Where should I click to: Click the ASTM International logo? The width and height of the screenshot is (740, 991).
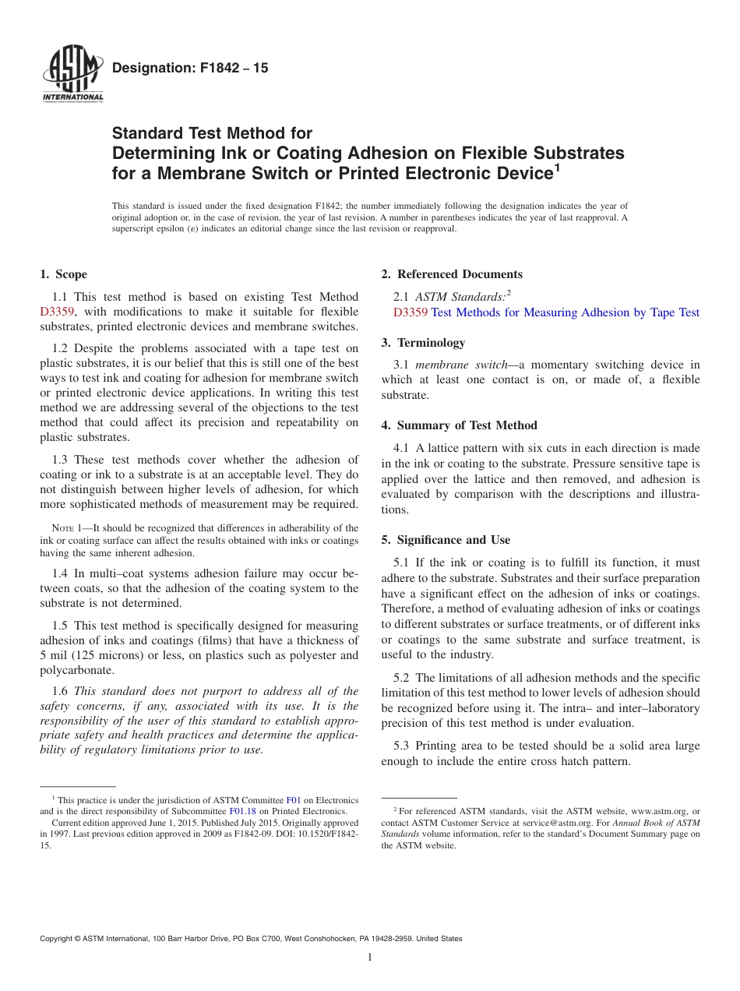(x=72, y=75)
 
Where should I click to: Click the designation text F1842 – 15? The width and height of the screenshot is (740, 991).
(x=190, y=69)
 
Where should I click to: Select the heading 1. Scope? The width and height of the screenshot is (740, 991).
(x=63, y=274)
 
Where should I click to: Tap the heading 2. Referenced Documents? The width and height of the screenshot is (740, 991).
(x=452, y=274)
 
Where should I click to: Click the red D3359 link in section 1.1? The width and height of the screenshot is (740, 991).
(x=57, y=312)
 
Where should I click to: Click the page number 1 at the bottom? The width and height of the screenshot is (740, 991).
(x=370, y=957)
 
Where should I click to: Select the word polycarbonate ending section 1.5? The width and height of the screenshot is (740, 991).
(x=75, y=670)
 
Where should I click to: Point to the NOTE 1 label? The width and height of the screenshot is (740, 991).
(x=62, y=528)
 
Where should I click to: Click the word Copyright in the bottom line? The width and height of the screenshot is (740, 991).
(x=58, y=939)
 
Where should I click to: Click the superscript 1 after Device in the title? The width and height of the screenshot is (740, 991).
(x=556, y=168)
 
